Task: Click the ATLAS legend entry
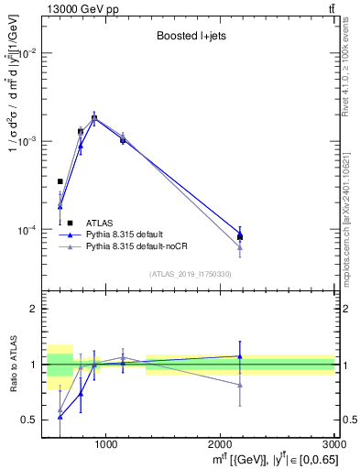tap(100, 223)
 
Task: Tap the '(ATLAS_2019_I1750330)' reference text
tap(191, 274)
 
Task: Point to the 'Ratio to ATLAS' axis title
tap(13, 365)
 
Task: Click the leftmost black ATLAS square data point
tap(60, 181)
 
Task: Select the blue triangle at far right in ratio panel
tap(240, 356)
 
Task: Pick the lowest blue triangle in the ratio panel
tap(60, 417)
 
